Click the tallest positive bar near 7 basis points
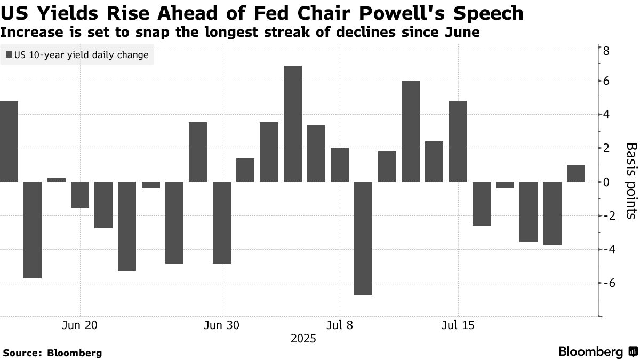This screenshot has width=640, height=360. coord(293,124)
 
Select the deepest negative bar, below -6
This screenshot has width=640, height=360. coord(364,238)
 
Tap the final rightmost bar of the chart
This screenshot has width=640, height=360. coord(576,173)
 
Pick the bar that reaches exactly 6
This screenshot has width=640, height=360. coord(411,131)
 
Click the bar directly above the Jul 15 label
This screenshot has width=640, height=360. coord(458,141)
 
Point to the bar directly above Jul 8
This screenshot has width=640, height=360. coord(340,165)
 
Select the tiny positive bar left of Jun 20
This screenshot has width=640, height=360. coord(57,180)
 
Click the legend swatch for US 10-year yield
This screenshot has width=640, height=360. coord(9,54)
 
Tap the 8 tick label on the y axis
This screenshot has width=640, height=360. coord(606,51)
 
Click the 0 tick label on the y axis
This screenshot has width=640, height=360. coord(606,182)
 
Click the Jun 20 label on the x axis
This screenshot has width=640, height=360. coord(80,325)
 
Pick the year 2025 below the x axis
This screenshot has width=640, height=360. coord(303,338)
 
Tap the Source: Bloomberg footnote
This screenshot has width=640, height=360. coord(52,353)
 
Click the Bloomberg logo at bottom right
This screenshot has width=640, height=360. coord(597,352)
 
